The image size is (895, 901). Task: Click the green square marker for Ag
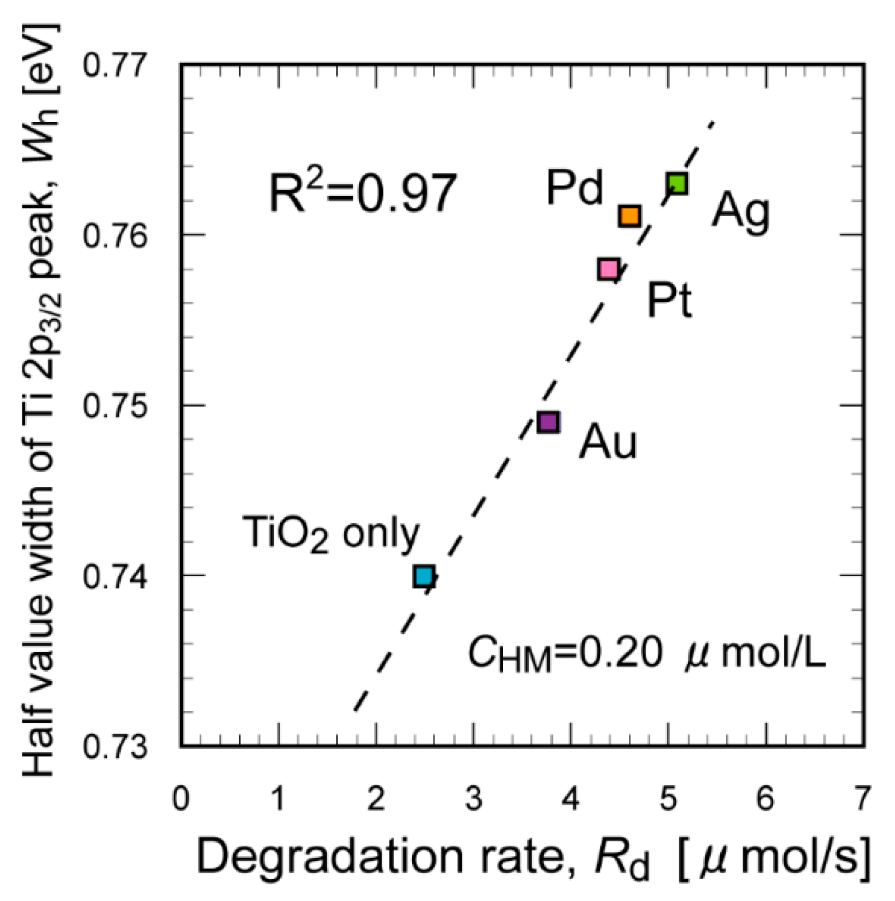(677, 183)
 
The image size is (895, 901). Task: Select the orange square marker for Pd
(629, 216)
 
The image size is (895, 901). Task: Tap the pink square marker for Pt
(608, 269)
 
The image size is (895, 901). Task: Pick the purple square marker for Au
(548, 422)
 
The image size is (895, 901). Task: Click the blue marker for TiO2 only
(424, 576)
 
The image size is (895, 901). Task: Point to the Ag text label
(740, 211)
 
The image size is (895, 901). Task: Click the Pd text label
(574, 188)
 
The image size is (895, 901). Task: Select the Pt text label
(669, 301)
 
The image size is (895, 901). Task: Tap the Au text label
(608, 442)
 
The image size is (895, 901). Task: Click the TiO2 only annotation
(330, 534)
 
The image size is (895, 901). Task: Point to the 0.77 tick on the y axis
(114, 65)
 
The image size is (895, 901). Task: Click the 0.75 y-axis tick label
(114, 406)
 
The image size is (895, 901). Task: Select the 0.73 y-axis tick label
(114, 747)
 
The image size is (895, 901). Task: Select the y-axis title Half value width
(39, 399)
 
